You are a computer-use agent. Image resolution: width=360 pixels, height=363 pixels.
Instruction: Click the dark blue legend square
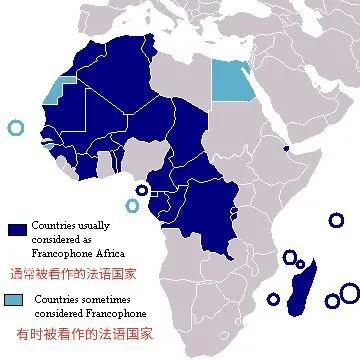click(16, 229)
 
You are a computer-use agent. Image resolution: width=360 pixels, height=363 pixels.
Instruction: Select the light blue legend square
click(14, 301)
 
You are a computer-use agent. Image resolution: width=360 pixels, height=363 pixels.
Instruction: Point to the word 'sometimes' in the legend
click(93, 299)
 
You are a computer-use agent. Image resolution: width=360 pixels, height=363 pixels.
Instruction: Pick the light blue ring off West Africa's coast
click(15, 127)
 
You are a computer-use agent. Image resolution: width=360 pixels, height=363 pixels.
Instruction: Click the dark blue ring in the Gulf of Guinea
click(142, 190)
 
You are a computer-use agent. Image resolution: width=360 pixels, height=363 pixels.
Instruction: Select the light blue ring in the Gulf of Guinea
click(132, 206)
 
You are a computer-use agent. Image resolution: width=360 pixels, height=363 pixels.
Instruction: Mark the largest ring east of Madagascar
click(349, 292)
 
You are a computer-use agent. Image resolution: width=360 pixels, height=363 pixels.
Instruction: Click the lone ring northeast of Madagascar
click(337, 220)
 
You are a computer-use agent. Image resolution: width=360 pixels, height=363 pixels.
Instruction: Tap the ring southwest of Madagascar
click(273, 298)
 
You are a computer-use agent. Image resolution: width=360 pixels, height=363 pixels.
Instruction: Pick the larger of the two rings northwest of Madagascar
click(290, 257)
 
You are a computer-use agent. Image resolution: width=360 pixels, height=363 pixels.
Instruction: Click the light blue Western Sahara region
click(62, 93)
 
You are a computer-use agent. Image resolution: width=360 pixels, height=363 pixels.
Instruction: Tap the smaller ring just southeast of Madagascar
click(332, 300)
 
